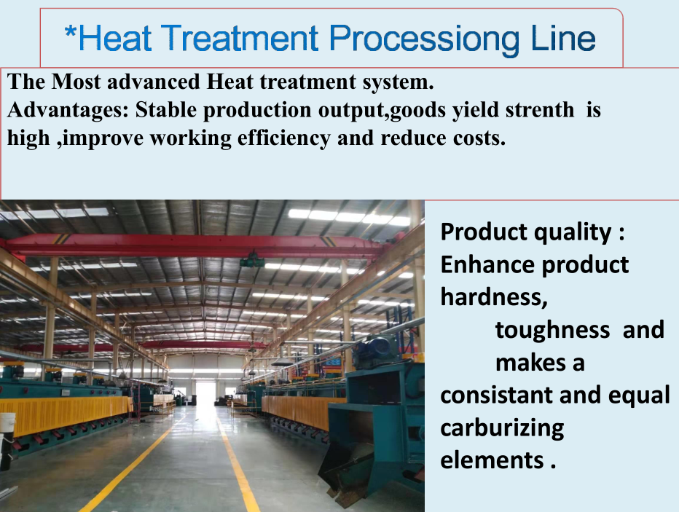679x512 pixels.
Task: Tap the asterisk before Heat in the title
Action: click(70, 32)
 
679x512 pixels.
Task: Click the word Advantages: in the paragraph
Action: click(68, 111)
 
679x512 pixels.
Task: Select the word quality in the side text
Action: click(573, 232)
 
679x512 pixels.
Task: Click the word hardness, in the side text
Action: click(494, 297)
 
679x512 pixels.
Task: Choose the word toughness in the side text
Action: click(552, 330)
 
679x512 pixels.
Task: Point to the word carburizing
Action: click(502, 428)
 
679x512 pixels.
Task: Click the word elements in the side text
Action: click(492, 460)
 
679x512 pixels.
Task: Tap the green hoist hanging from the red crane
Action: click(252, 261)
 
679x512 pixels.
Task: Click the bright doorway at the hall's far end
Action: click(205, 393)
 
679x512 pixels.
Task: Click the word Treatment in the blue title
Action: click(240, 38)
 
